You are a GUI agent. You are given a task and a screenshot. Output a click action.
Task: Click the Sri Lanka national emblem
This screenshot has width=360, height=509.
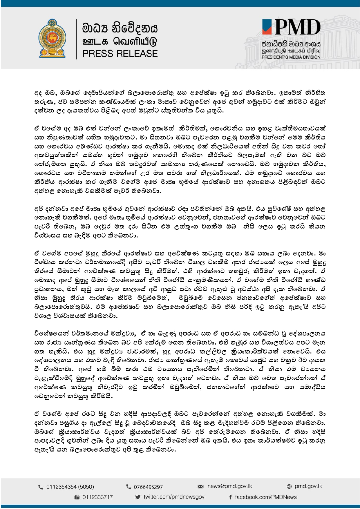pos(52,39)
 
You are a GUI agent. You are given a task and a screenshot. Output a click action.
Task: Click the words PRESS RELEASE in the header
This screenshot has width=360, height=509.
pos(120,54)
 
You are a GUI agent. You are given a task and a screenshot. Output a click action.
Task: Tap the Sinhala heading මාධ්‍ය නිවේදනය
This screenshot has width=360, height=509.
pos(120,28)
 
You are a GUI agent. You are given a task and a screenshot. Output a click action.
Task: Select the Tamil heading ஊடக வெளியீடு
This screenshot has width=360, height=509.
pos(120,41)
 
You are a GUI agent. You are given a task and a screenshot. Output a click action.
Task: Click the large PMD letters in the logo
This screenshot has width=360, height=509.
pos(297,28)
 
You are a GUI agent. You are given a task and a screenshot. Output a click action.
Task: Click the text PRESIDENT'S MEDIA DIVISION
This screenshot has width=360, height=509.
pos(291,57)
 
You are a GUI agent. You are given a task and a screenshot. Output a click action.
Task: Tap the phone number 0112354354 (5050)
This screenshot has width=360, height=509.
pos(70,487)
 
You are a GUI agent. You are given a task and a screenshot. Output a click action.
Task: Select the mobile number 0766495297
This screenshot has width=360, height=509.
pos(148,487)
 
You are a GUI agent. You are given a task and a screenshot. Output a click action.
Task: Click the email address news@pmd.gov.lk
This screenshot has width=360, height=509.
pos(229,486)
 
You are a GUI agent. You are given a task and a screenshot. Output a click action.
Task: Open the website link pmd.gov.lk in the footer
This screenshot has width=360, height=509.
pos(308,486)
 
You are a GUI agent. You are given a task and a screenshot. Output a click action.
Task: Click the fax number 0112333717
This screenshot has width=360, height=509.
pos(97,497)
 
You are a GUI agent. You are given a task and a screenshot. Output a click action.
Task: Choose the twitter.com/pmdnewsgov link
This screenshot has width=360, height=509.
pos(174,497)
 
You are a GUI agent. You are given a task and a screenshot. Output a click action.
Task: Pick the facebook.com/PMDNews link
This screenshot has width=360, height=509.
pos(266,497)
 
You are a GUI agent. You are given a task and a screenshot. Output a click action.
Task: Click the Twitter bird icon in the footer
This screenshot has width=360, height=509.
pos(138,497)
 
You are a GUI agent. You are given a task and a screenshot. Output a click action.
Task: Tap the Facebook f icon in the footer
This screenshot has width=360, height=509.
pos(230,497)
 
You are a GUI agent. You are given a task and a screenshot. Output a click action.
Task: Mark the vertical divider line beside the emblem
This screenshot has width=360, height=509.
pos(76,39)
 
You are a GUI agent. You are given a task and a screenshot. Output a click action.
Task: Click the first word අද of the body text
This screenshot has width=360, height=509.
pos(38,93)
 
